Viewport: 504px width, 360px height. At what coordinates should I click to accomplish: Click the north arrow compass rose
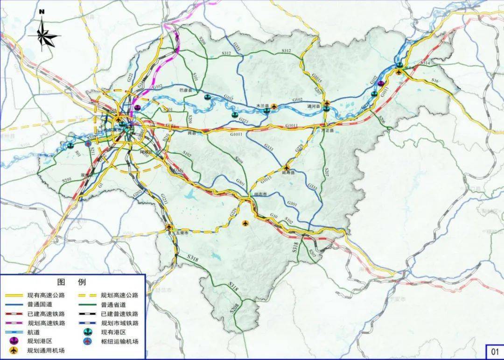point(43,34)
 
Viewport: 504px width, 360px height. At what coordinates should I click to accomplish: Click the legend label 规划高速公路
point(119,295)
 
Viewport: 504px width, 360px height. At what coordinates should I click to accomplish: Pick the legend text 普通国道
point(39,304)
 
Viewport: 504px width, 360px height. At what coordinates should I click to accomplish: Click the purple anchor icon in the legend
point(13,341)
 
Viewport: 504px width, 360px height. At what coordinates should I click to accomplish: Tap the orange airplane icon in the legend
point(13,350)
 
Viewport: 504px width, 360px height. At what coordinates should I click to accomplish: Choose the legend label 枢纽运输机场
point(119,341)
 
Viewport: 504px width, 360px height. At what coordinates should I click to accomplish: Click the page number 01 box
point(493,351)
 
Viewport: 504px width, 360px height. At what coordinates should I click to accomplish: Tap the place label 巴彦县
point(186,90)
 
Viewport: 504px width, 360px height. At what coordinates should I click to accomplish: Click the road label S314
point(425,63)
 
